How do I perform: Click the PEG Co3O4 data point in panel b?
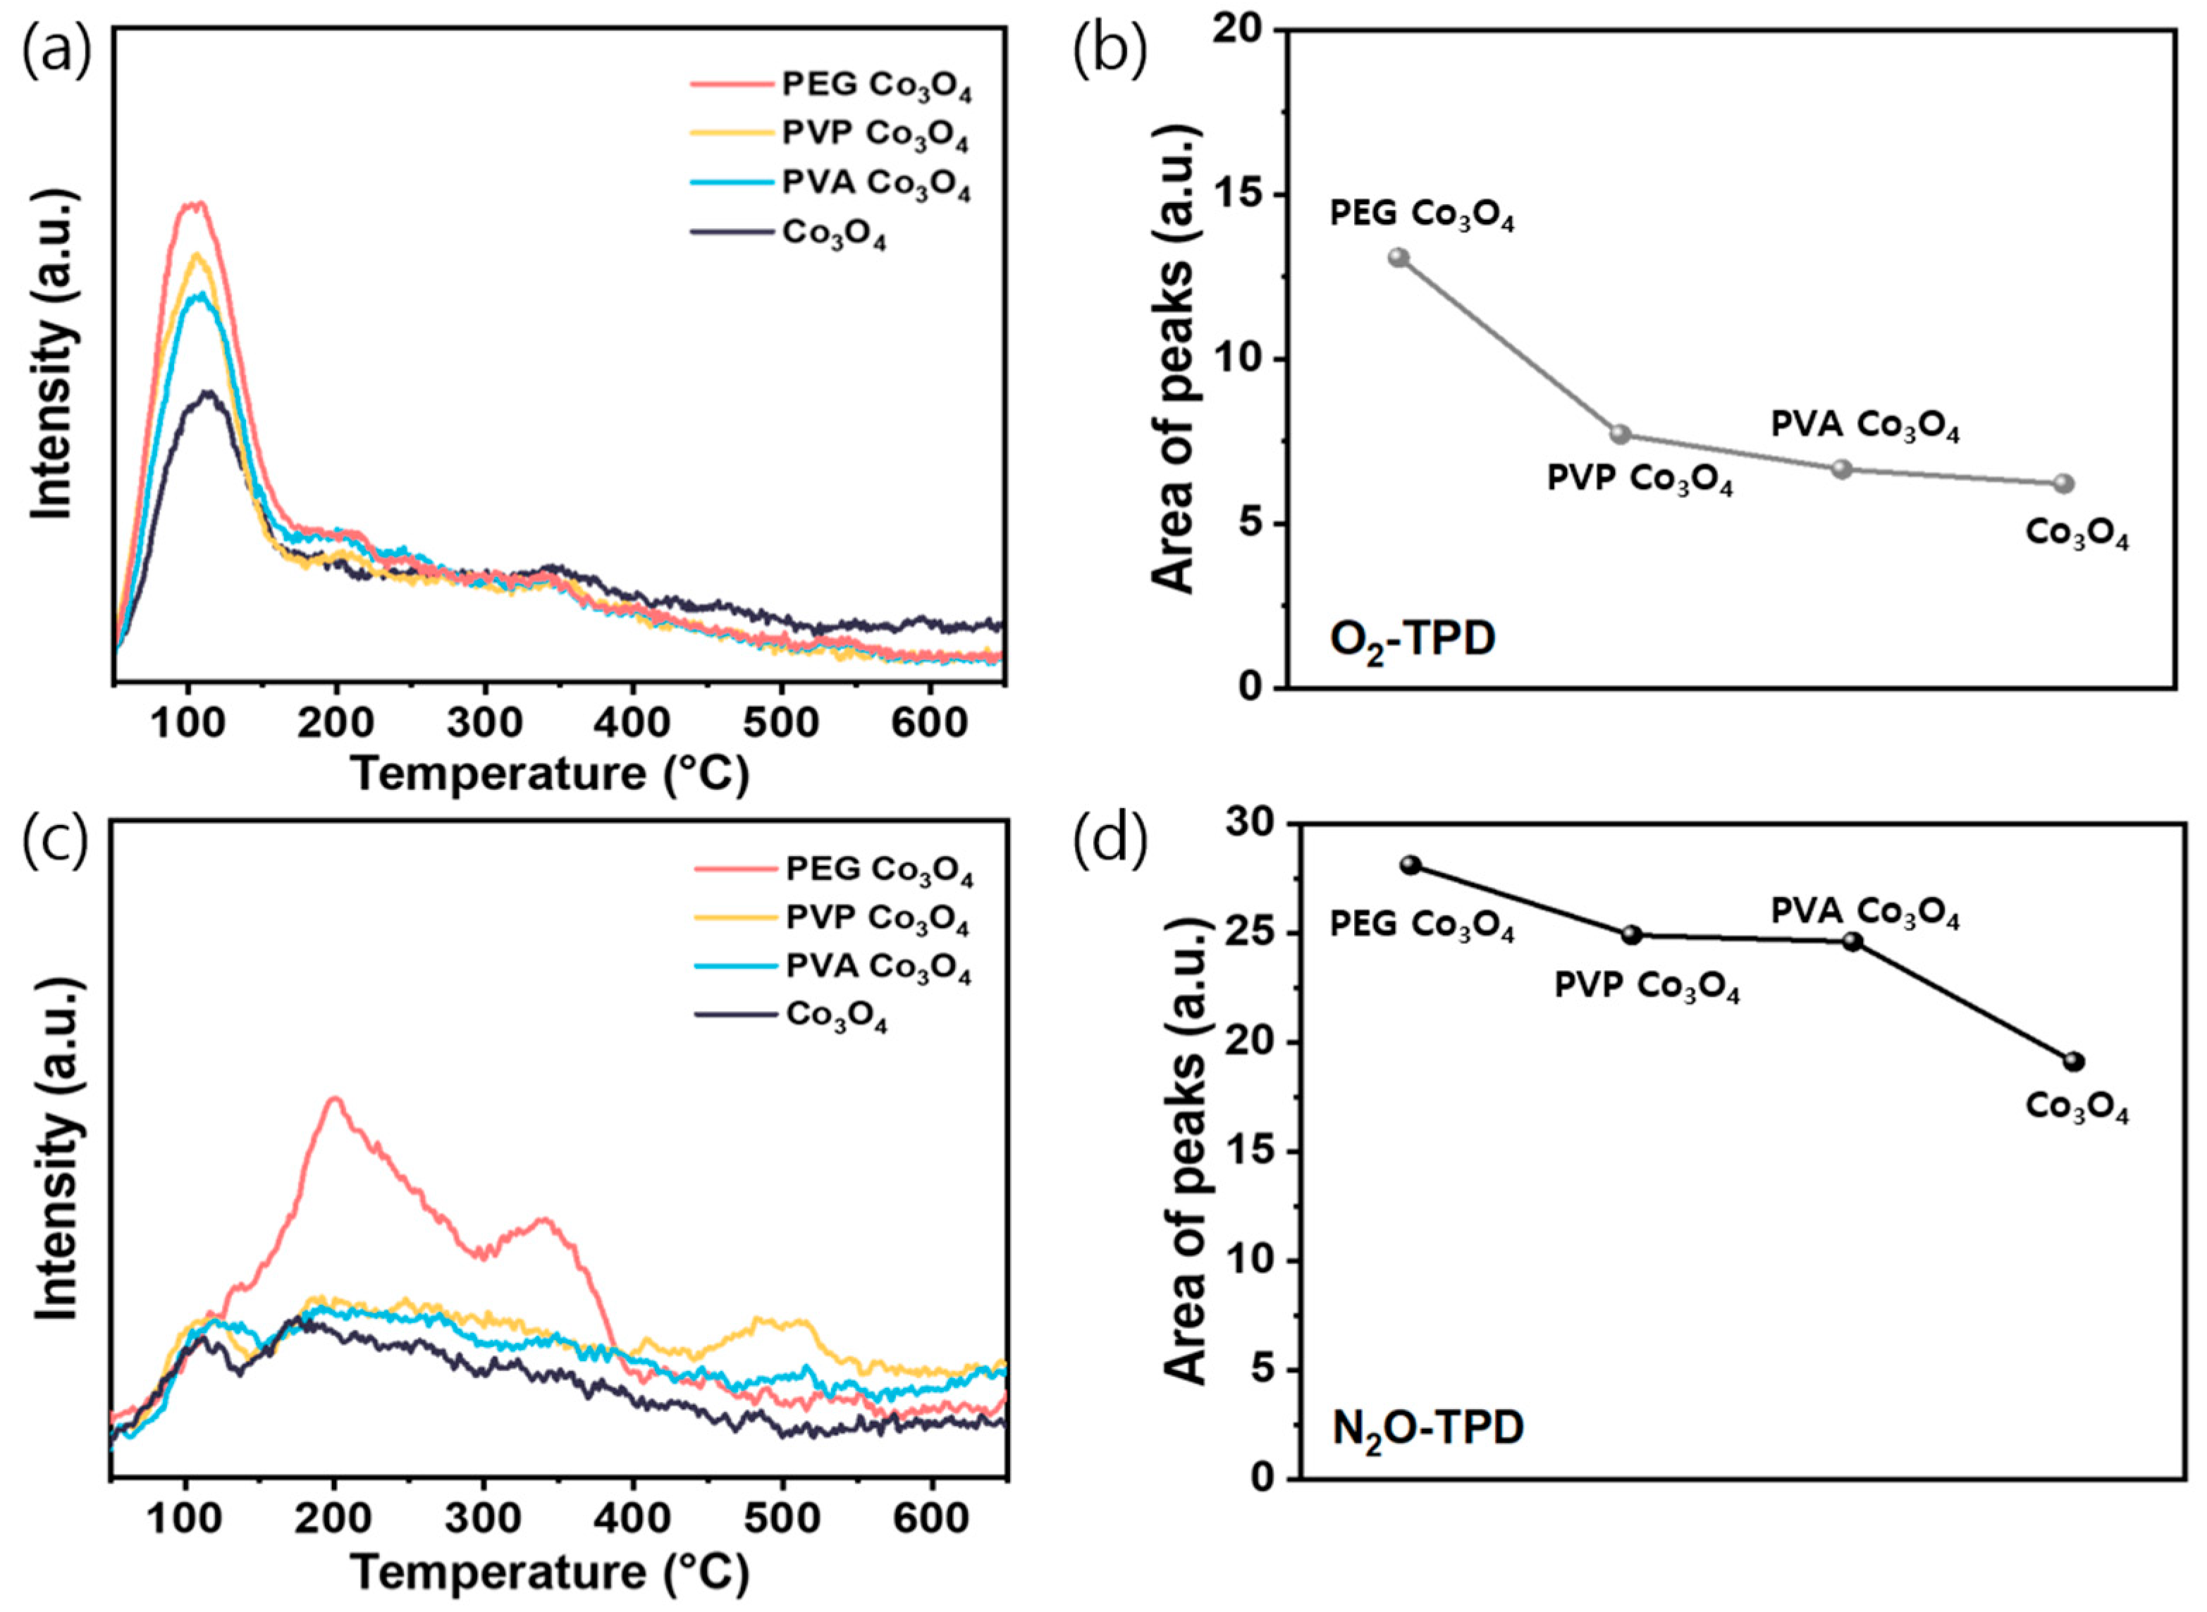point(1398,258)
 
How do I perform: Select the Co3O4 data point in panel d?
point(2074,1062)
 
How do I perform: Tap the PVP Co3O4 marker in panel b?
point(1621,434)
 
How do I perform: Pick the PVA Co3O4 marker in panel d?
point(1852,942)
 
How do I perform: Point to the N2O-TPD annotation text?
point(1427,1430)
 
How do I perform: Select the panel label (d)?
point(1110,841)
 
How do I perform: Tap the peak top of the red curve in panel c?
point(335,1098)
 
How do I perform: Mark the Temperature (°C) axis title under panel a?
point(550,774)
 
